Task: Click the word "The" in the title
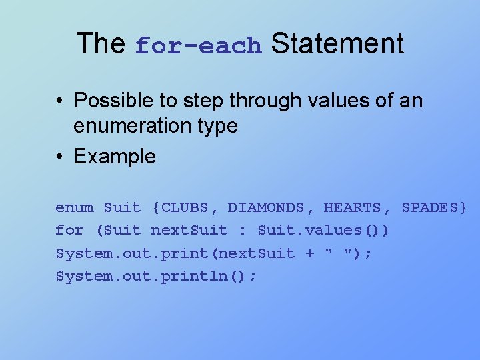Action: click(101, 43)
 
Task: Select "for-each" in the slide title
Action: click(199, 46)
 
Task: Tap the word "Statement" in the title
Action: click(337, 43)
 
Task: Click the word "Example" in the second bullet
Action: click(115, 157)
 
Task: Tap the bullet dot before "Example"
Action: click(60, 157)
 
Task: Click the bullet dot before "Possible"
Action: click(60, 101)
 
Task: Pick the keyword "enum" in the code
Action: click(75, 207)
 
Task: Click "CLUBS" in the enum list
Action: click(185, 207)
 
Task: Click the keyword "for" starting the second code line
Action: click(69, 231)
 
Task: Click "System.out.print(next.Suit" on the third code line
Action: click(175, 253)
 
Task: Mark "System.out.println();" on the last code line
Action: click(155, 276)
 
